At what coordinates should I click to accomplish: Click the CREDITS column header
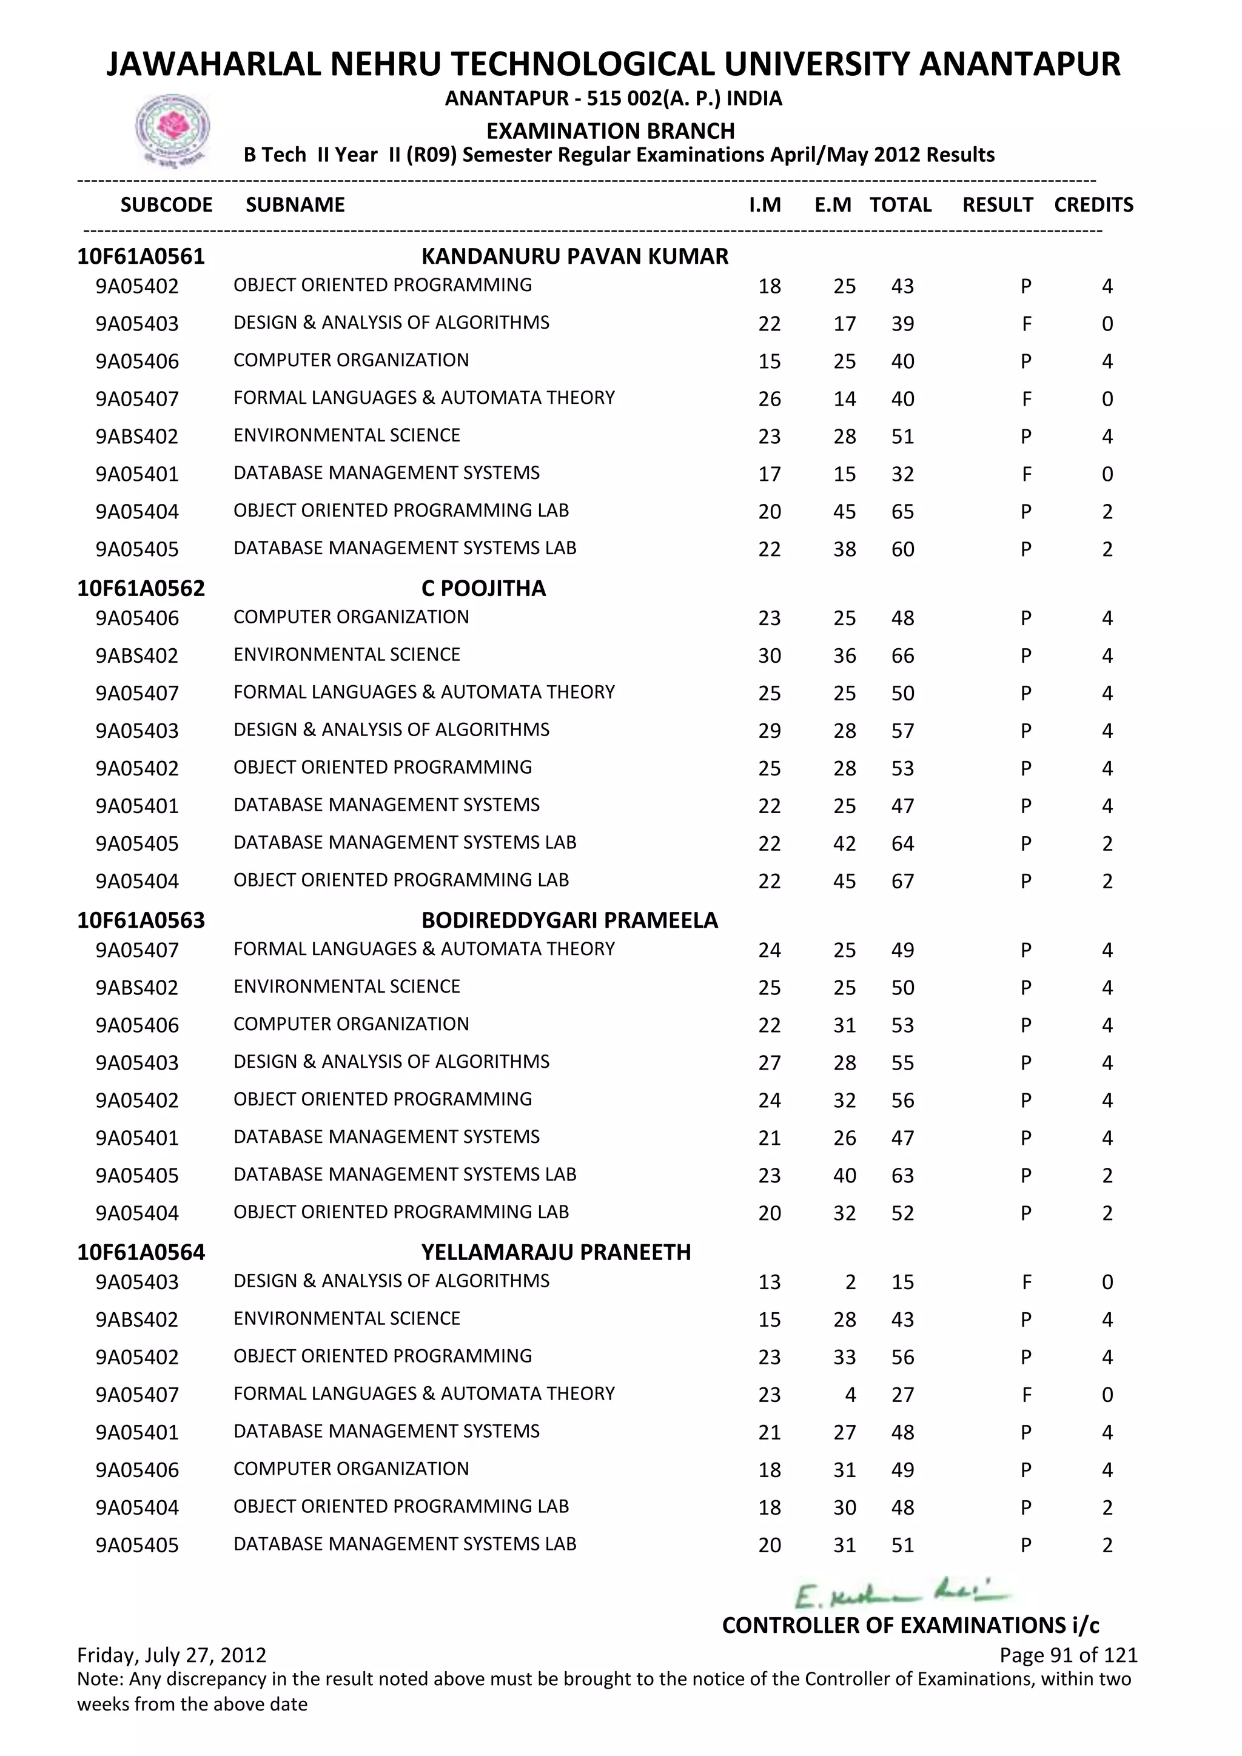pos(1093,205)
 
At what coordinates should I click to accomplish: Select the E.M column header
pos(833,205)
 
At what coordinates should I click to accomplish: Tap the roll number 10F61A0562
pos(141,588)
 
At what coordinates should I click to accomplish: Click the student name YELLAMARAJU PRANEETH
pos(556,1252)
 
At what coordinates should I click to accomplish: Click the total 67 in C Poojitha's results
pos(902,881)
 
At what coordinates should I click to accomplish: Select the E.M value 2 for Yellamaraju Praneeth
pos(850,1282)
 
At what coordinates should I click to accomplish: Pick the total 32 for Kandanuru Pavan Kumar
pos(902,474)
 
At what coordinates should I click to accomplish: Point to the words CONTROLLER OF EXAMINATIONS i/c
pos(910,1625)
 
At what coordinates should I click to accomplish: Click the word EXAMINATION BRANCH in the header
pos(610,131)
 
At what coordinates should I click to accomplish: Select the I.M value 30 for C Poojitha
pos(770,655)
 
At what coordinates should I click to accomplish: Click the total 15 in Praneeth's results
pos(902,1282)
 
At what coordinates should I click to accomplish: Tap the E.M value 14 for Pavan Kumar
pos(844,399)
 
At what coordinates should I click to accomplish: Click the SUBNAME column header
pos(295,205)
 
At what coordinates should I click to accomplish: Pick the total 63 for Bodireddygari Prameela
pos(902,1176)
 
